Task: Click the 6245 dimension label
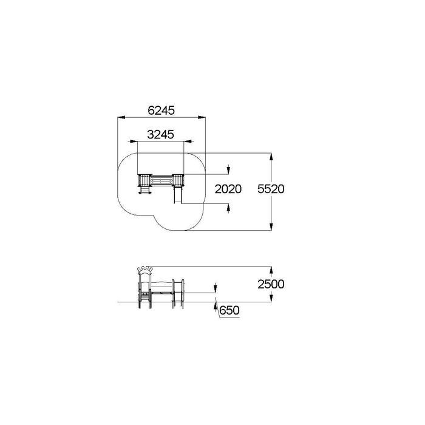(161, 110)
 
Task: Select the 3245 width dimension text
(160, 134)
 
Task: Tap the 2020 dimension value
(228, 189)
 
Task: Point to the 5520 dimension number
(271, 189)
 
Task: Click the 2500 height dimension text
(271, 284)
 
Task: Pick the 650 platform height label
(229, 310)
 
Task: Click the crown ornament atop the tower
(145, 269)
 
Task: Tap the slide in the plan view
(177, 195)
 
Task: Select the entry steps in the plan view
(144, 189)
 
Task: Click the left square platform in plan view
(144, 180)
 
